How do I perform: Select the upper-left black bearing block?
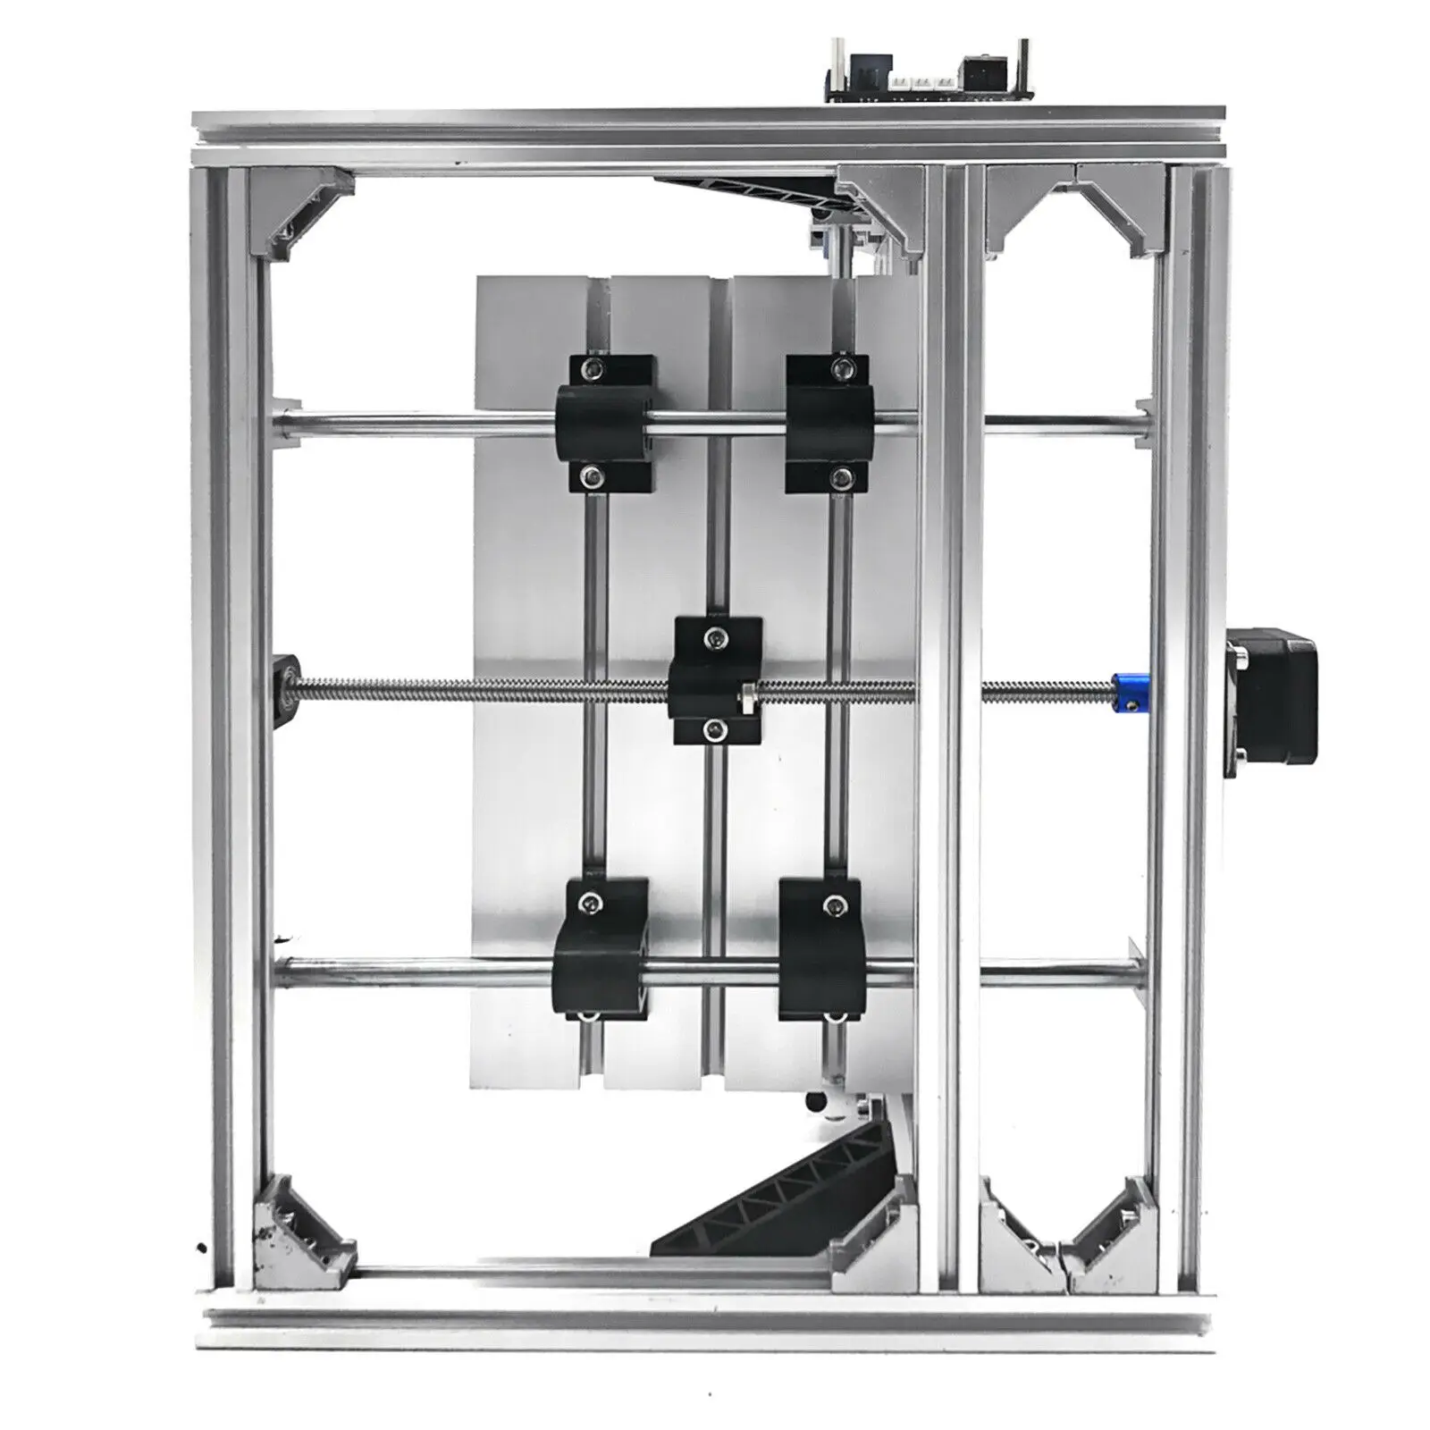pos(605,423)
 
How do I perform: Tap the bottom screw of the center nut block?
pos(711,731)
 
